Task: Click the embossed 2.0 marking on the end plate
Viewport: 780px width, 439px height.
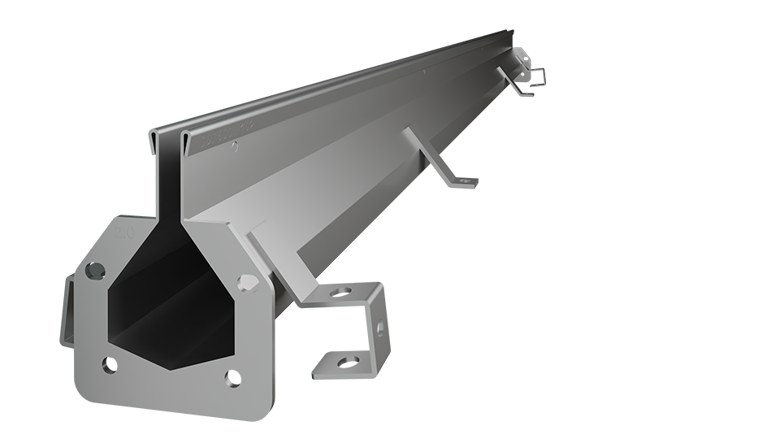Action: pyautogui.click(x=125, y=233)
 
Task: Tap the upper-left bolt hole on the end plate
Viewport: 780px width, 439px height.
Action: pyautogui.click(x=95, y=270)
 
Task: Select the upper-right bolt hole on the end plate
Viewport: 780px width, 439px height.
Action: pyautogui.click(x=247, y=283)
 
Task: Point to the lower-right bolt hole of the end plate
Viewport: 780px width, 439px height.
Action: pyautogui.click(x=231, y=379)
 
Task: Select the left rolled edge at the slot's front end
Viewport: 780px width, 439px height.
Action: pyautogui.click(x=155, y=138)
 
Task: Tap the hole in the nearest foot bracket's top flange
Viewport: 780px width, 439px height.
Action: pyautogui.click(x=344, y=290)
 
